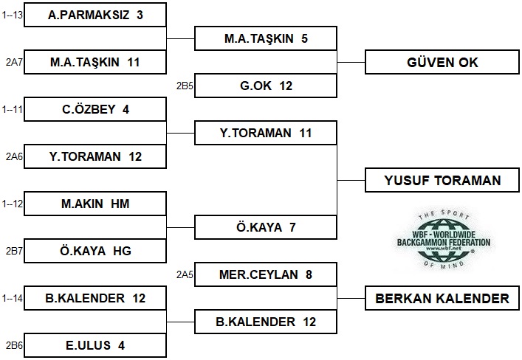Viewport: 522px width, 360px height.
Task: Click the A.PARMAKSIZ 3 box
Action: click(95, 15)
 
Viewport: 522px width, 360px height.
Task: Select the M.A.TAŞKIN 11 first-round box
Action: click(95, 62)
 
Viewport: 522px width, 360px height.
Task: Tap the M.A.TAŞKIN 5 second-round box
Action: click(266, 38)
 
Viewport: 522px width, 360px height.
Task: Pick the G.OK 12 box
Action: click(266, 86)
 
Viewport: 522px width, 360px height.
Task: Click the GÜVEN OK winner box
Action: click(442, 62)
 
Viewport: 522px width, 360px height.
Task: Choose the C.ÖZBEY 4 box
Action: click(95, 109)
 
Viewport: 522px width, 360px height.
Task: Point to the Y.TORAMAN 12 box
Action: click(95, 156)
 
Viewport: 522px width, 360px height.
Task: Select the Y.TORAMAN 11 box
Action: click(266, 133)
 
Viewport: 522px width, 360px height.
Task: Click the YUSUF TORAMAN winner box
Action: click(442, 180)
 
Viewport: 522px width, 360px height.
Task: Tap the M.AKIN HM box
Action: click(95, 204)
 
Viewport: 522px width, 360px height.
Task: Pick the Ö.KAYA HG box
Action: click(95, 252)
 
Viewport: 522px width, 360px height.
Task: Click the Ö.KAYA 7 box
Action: click(266, 227)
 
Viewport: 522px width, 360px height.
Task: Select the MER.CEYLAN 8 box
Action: click(266, 275)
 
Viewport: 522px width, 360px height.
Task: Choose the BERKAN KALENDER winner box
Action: click(442, 299)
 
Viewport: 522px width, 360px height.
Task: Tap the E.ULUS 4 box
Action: click(95, 346)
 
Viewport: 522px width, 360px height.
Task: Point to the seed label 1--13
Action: click(13, 15)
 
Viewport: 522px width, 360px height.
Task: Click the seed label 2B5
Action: click(185, 86)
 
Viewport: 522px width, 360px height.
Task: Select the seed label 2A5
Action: click(185, 275)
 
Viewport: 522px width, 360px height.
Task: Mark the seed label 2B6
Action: click(14, 346)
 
